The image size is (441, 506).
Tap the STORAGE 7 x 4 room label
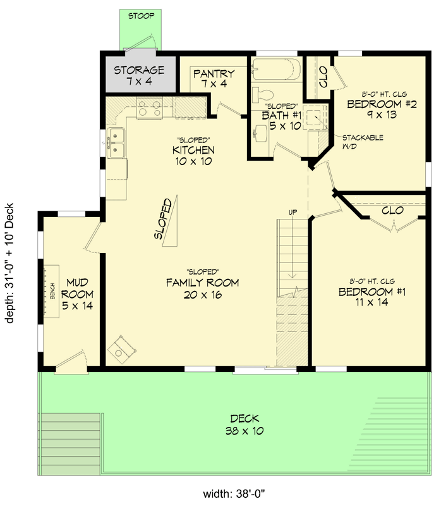[x=139, y=75]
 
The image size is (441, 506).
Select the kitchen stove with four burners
[x=149, y=108]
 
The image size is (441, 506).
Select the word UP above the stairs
[x=293, y=212]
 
